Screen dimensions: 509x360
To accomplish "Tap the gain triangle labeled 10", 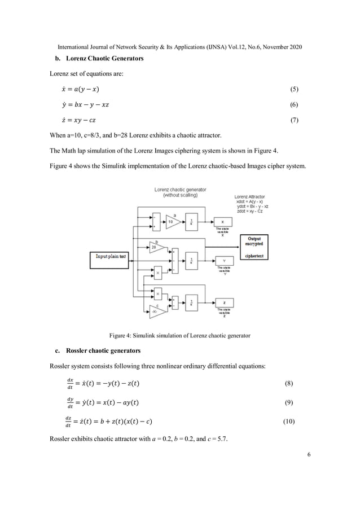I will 173,222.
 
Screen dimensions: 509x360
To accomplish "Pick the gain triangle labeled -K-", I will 156,311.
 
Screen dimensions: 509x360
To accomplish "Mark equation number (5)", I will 293,90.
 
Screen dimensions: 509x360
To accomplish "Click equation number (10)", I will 291,422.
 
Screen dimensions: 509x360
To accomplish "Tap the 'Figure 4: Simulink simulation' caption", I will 180,336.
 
